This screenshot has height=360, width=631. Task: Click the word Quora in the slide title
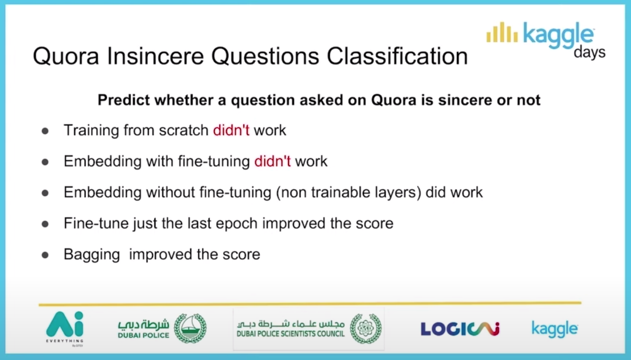[66, 56]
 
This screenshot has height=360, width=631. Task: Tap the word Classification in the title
[397, 56]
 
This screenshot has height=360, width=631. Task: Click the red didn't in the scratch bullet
[231, 130]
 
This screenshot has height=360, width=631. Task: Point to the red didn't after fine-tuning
[272, 161]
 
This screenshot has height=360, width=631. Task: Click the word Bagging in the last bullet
[92, 255]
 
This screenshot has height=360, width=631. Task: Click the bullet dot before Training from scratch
[45, 131]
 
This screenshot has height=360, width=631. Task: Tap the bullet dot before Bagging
[45, 255]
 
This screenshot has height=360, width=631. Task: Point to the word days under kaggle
[590, 52]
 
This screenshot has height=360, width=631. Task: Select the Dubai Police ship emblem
[190, 328]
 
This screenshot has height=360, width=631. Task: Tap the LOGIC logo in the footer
[460, 329]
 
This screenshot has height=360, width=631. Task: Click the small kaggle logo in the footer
[554, 329]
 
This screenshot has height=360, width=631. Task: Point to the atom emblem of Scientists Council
[365, 328]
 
